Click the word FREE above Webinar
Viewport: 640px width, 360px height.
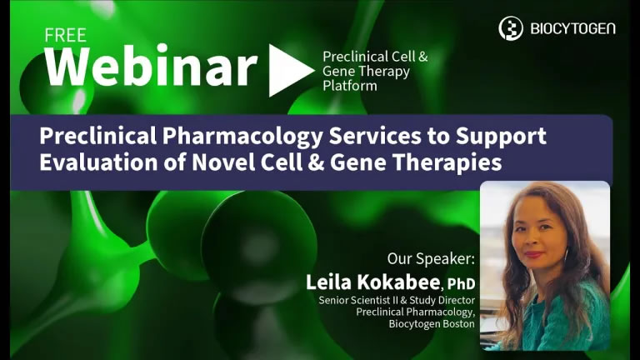(x=65, y=36)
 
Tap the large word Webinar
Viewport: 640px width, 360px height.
(x=151, y=67)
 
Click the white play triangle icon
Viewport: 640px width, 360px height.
(x=291, y=70)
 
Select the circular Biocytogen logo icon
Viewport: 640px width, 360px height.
(x=511, y=28)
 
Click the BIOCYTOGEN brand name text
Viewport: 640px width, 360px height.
(x=573, y=28)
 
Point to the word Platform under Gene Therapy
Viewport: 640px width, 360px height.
(x=350, y=86)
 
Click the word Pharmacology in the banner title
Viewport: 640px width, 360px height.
(x=242, y=137)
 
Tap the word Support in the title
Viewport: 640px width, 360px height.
(x=501, y=137)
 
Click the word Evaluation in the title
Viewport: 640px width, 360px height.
(x=98, y=162)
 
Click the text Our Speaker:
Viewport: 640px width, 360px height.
(x=431, y=259)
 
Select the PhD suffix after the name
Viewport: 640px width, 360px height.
(x=461, y=283)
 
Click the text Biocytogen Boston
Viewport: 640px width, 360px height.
(x=432, y=324)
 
